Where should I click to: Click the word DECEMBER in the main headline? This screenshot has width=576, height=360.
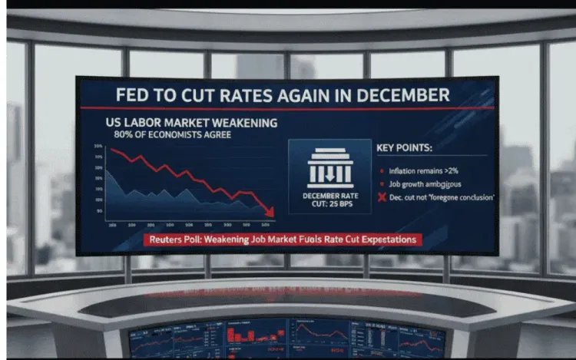point(398,97)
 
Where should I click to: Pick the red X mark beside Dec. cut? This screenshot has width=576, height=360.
point(382,197)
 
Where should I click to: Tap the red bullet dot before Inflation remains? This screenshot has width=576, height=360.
point(382,171)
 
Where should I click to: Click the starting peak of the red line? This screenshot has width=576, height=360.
point(112,150)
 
